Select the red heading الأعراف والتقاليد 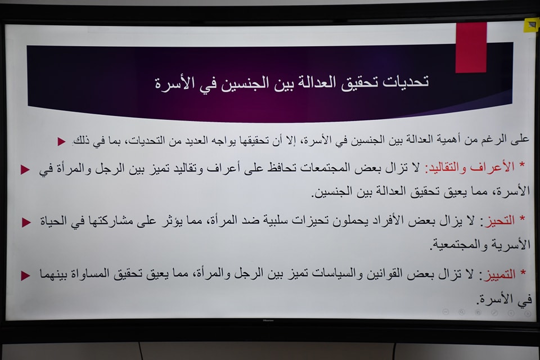[470, 168]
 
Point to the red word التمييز [499, 274]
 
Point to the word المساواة [93, 274]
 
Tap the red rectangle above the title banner [471, 48]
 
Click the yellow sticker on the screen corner [530, 25]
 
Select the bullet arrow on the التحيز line [26, 222]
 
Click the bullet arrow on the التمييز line [25, 276]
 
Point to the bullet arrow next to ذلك [62, 141]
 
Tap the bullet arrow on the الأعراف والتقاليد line [25, 169]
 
